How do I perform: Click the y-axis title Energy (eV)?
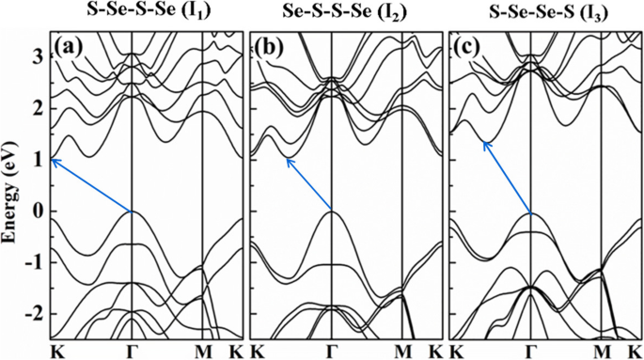tap(12, 187)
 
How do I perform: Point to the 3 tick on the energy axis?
tap(39, 57)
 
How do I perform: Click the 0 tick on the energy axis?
tap(39, 212)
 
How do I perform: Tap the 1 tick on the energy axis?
tap(39, 161)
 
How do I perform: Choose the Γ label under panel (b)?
tap(332, 351)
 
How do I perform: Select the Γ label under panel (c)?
tap(531, 351)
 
